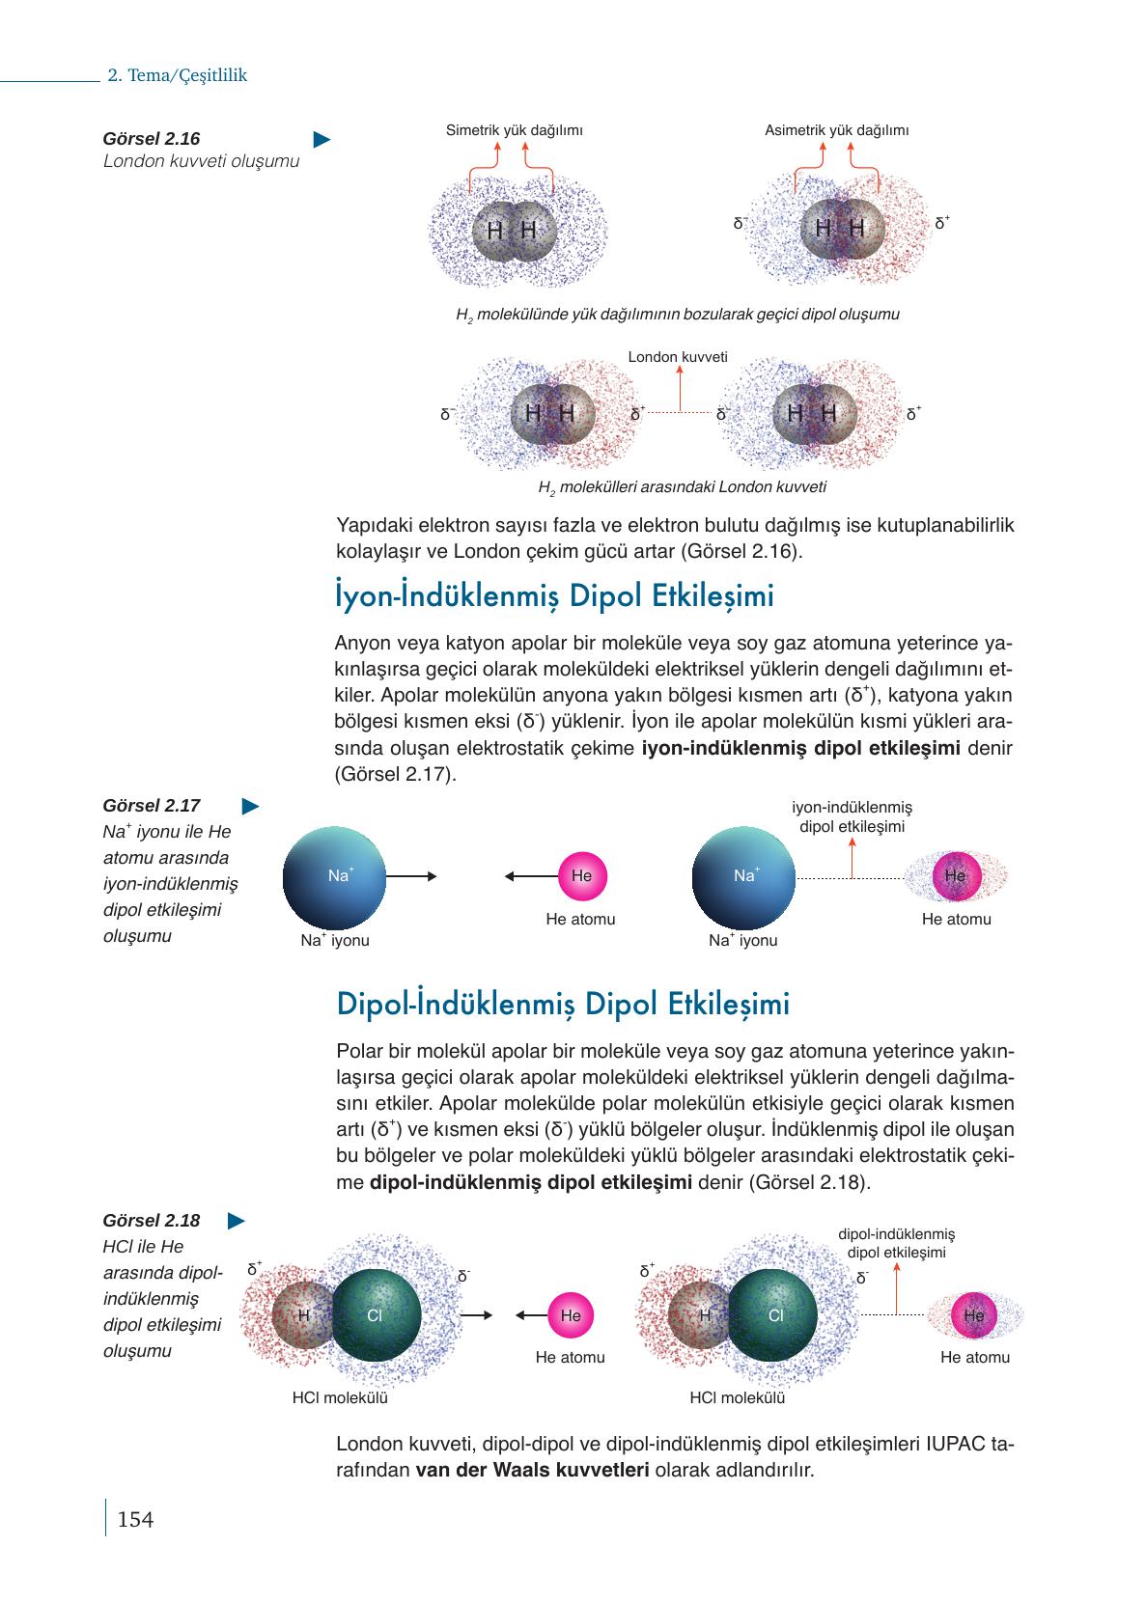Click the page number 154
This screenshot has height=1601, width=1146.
(135, 1520)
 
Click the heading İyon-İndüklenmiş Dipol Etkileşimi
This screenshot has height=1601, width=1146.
(554, 596)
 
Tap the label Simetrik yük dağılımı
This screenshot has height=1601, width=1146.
(514, 130)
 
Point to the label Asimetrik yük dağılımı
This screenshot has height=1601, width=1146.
(836, 130)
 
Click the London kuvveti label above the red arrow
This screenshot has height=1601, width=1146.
(678, 357)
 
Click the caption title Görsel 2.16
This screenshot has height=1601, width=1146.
(152, 139)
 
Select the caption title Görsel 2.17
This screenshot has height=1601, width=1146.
(152, 806)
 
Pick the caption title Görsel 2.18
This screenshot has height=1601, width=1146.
(152, 1221)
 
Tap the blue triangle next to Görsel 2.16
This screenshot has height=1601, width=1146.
(322, 140)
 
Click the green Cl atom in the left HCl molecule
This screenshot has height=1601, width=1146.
(376, 1314)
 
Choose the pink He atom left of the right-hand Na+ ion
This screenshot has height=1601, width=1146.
(581, 876)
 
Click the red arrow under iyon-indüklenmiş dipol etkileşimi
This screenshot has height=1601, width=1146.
(853, 858)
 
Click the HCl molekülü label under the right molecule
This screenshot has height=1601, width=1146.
(738, 1397)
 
